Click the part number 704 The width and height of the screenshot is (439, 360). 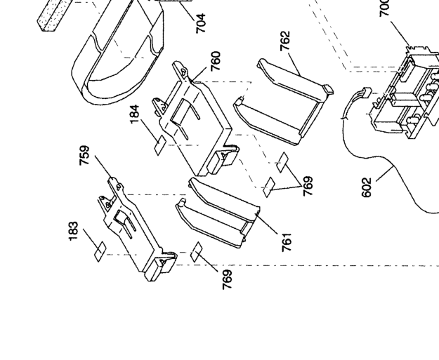point(201,23)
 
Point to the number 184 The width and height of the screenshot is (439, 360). point(135,114)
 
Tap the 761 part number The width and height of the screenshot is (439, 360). point(286,240)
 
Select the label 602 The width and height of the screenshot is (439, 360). point(367,187)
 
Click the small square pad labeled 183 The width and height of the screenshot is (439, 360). point(100,248)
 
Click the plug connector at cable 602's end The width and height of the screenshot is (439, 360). point(363,94)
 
